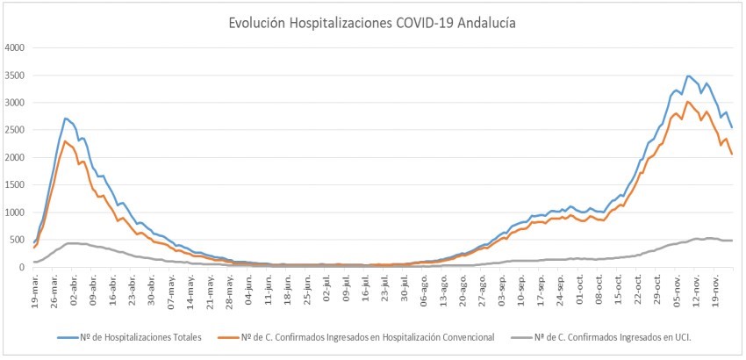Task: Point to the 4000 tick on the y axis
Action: pyautogui.click(x=17, y=47)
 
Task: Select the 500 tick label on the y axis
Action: pyautogui.click(x=20, y=240)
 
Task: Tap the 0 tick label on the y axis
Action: pyautogui.click(x=25, y=267)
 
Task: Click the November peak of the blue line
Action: pyautogui.click(x=688, y=76)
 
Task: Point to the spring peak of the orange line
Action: pyautogui.click(x=66, y=141)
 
